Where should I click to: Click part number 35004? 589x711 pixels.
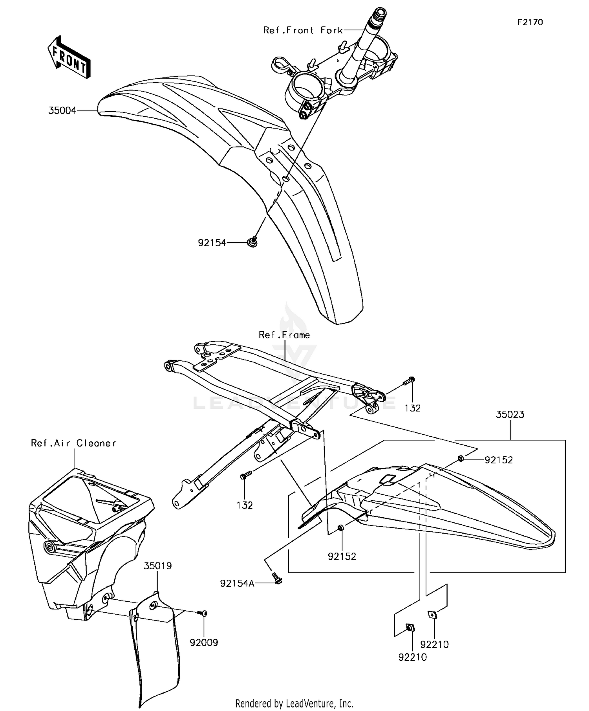[x=62, y=111]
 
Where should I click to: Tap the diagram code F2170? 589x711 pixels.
[x=530, y=22]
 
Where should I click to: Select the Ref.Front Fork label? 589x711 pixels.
[x=303, y=30]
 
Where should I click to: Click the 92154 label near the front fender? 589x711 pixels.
[x=212, y=243]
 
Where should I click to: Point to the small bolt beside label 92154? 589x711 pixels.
[x=253, y=243]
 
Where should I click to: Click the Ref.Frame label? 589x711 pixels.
[x=284, y=335]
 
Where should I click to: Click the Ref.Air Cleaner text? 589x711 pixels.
[x=73, y=443]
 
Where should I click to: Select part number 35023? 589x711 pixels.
[x=510, y=415]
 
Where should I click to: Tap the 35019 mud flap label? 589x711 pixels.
[x=157, y=566]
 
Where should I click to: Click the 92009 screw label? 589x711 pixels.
[x=204, y=643]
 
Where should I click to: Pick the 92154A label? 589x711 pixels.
[x=237, y=584]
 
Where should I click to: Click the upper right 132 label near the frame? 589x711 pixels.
[x=412, y=408]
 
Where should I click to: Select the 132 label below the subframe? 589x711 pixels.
[x=245, y=505]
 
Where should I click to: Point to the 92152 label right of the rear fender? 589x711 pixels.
[x=499, y=460]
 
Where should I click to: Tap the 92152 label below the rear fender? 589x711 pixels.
[x=342, y=556]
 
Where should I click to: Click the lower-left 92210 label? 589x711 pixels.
[x=412, y=657]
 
